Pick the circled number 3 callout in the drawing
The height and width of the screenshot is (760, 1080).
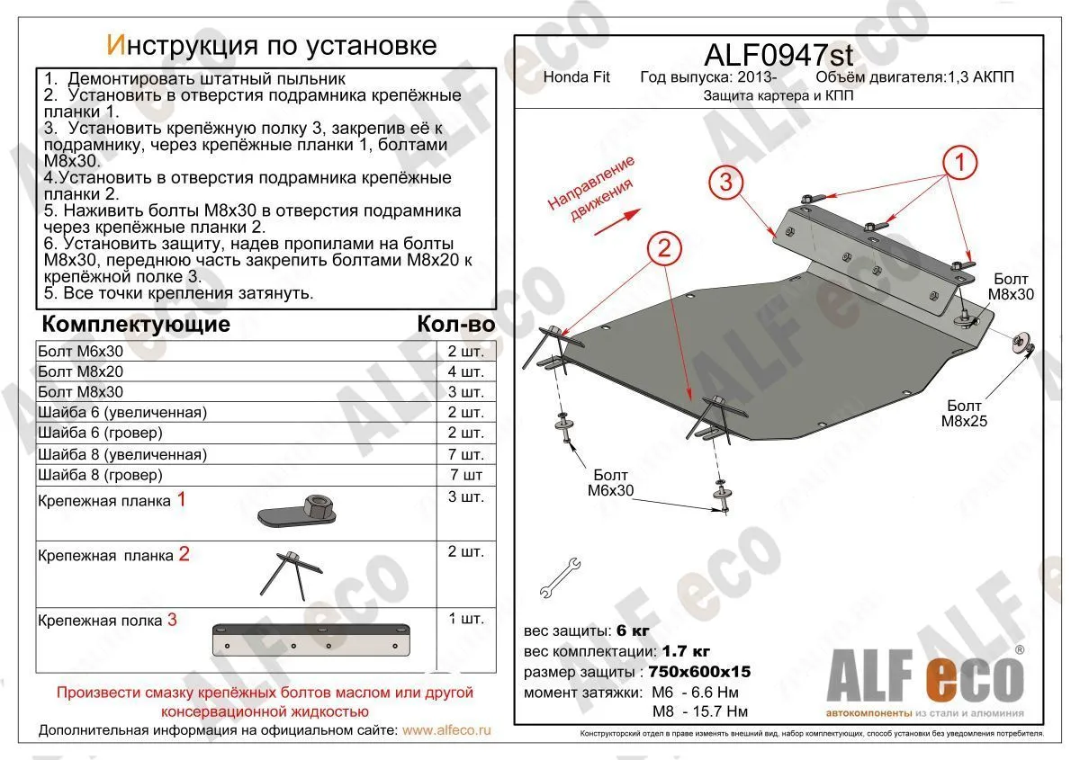pyautogui.click(x=726, y=183)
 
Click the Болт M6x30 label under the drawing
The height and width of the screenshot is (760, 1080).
pyautogui.click(x=611, y=484)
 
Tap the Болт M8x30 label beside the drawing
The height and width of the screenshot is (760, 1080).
pyautogui.click(x=1011, y=287)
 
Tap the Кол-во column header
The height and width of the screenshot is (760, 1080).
pyautogui.click(x=456, y=324)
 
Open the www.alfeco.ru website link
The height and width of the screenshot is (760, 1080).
pyautogui.click(x=447, y=731)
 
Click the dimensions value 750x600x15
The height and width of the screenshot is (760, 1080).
pyautogui.click(x=697, y=672)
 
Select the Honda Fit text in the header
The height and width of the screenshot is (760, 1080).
pyautogui.click(x=577, y=77)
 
